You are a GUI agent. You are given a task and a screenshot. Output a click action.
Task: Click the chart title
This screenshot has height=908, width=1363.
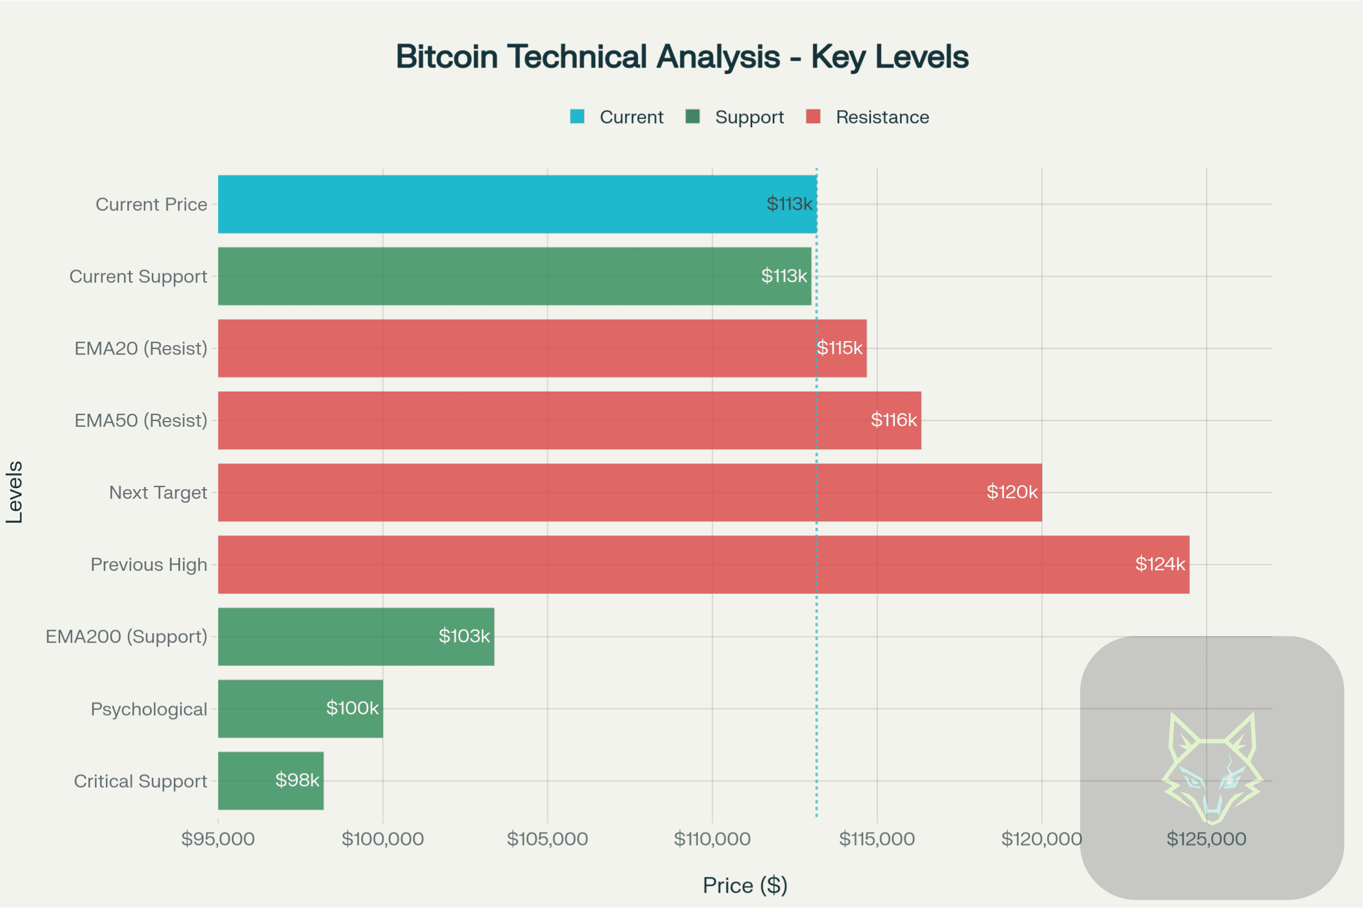[x=681, y=57]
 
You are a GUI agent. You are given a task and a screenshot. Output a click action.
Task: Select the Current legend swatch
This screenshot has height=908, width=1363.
[x=577, y=117]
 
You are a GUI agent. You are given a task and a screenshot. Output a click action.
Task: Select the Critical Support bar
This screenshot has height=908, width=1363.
[x=271, y=781]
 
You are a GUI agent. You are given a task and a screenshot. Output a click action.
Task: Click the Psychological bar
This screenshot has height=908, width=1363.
[x=300, y=709]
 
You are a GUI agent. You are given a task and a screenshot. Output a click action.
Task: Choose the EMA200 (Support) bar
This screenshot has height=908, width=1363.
[x=356, y=636]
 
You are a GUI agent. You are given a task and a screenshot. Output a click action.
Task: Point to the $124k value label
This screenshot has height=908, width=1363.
[x=1160, y=564]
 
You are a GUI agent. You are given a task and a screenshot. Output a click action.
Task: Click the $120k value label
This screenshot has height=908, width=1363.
[x=1012, y=492]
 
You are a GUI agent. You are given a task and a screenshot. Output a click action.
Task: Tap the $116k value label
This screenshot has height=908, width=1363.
[x=893, y=420]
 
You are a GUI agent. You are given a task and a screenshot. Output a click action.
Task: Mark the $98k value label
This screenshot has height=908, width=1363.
[x=296, y=780]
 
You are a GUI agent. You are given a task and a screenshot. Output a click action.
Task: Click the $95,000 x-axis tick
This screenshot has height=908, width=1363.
[x=218, y=839]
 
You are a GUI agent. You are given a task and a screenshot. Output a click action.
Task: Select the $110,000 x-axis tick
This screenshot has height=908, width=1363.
[x=712, y=839]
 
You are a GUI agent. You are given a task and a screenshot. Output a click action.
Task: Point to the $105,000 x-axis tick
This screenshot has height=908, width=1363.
[x=547, y=839]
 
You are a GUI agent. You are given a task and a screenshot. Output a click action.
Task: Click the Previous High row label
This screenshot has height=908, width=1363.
[x=149, y=565]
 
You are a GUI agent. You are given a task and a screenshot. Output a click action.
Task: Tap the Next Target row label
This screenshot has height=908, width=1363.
[x=158, y=492]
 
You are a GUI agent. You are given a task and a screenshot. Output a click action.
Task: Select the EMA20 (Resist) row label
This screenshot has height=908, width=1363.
[x=141, y=348]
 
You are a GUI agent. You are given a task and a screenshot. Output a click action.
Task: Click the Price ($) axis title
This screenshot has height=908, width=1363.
[x=745, y=885]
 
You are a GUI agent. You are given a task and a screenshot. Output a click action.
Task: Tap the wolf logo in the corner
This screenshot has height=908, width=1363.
[x=1212, y=768]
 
